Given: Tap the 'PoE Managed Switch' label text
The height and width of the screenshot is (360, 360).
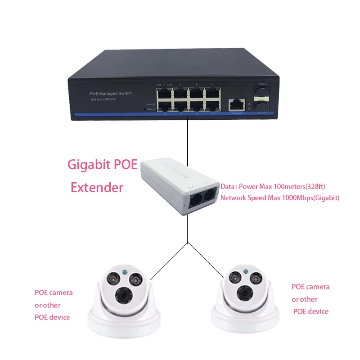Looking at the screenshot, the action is point(108,93).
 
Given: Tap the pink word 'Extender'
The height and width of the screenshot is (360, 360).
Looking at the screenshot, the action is point(97,187).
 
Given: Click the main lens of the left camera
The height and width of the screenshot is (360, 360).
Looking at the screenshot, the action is point(123,295).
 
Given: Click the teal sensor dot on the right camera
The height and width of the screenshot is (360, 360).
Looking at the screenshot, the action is point(245,271).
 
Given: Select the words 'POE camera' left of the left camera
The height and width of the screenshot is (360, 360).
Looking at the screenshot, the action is point(54,293).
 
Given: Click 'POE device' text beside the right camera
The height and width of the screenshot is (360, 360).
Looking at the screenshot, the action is point(311,311).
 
